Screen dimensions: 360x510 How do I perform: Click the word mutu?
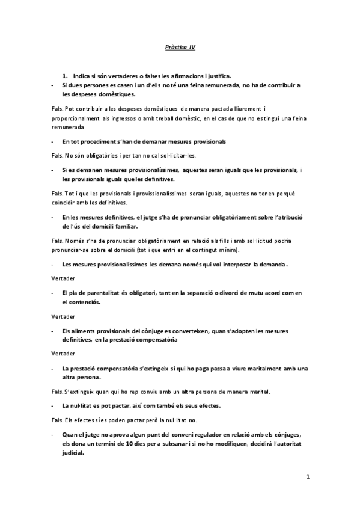(259, 293)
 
